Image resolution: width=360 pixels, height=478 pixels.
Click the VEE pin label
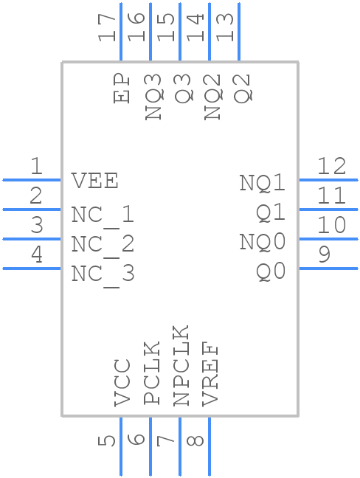94,181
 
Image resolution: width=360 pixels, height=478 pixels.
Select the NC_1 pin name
103,215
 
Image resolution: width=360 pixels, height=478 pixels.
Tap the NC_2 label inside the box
103,245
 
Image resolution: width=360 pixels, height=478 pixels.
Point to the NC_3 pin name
103,274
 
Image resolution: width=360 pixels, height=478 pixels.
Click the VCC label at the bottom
122,383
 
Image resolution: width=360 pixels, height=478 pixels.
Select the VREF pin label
211,375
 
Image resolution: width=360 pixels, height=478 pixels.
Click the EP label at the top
122,89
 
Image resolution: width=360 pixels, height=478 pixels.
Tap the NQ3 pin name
153,97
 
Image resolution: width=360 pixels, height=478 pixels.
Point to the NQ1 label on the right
262,182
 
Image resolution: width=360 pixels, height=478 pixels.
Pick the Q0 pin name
271,271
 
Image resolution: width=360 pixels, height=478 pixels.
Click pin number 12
331,166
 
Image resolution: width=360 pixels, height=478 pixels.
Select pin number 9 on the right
325,255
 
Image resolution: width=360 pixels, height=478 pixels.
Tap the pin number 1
35,167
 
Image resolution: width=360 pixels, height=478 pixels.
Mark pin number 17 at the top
108,27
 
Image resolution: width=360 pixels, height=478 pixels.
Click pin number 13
226,27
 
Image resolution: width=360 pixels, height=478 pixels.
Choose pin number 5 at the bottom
108,440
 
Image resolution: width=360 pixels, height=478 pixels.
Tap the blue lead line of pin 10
328,238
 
